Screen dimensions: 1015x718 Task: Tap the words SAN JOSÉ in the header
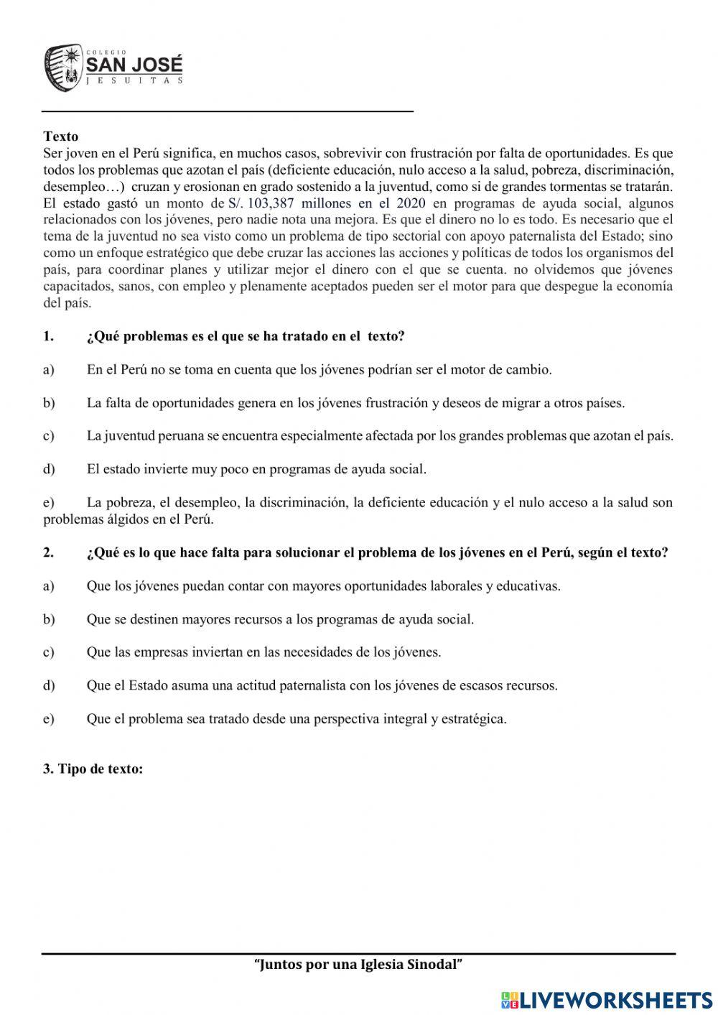[x=134, y=65]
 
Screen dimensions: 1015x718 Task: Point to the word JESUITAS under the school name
[x=134, y=81]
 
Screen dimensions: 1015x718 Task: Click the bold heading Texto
[x=61, y=136]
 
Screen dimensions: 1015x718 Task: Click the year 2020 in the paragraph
[x=411, y=203]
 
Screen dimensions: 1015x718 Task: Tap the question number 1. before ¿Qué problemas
[x=48, y=336]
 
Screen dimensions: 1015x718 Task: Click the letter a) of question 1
[x=49, y=370]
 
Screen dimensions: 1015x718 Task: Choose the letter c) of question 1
[x=49, y=436]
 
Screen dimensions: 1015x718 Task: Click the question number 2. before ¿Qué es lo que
[x=48, y=552]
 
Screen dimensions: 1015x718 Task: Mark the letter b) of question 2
[x=49, y=619]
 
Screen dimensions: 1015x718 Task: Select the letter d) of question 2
[x=49, y=685]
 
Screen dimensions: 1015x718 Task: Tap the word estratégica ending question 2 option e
[x=472, y=719]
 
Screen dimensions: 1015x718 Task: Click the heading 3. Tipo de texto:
[x=93, y=769]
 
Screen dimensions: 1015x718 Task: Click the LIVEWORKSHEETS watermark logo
[x=607, y=999]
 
